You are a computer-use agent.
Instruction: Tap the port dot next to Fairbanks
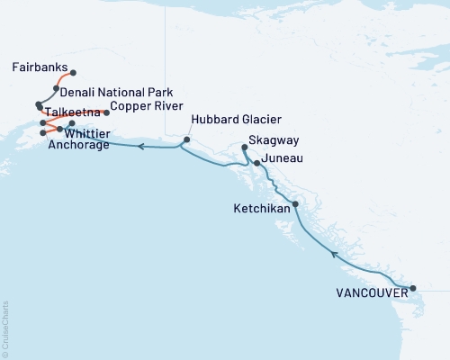[x=73, y=73]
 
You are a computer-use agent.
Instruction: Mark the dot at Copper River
[x=106, y=112]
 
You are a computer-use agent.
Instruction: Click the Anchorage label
[x=79, y=144]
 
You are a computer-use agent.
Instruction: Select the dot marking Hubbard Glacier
[x=187, y=139]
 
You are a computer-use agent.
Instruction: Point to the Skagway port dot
[x=245, y=147]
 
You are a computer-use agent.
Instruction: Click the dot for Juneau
[x=257, y=163]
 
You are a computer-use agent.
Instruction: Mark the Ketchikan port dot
[x=295, y=204]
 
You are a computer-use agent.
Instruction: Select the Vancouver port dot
[x=413, y=289]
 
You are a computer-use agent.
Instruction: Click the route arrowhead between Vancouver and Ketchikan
[x=334, y=254]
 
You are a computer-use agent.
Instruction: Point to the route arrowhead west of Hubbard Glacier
[x=141, y=146]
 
